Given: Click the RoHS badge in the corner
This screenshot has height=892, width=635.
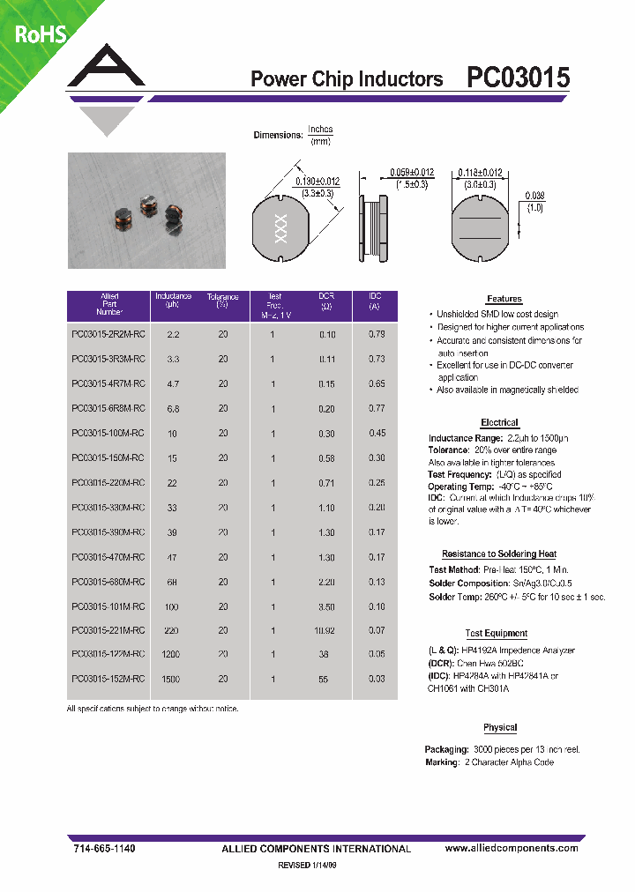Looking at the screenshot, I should coord(37,34).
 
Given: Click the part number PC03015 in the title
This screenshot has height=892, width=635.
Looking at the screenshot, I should coord(518,78).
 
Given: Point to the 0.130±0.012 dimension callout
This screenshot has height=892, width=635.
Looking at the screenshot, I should coord(306,182).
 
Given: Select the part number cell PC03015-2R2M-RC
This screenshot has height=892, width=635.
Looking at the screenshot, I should coord(107,334).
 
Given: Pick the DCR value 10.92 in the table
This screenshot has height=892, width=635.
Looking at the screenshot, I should coord(326,631).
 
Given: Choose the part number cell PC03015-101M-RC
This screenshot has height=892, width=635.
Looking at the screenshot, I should coord(107,606).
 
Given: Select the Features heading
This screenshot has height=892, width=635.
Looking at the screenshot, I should coord(504,300).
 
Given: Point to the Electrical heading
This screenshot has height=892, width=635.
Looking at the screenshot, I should coord(499,423).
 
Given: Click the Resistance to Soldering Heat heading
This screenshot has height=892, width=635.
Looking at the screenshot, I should coord(499,554).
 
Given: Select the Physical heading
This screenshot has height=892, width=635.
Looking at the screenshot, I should coord(500,728).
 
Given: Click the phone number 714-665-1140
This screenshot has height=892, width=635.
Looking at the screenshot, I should coord(101,848).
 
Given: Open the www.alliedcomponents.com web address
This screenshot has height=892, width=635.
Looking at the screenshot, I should coord(511,848).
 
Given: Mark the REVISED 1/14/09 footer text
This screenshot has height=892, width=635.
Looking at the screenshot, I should coord(307,866).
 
